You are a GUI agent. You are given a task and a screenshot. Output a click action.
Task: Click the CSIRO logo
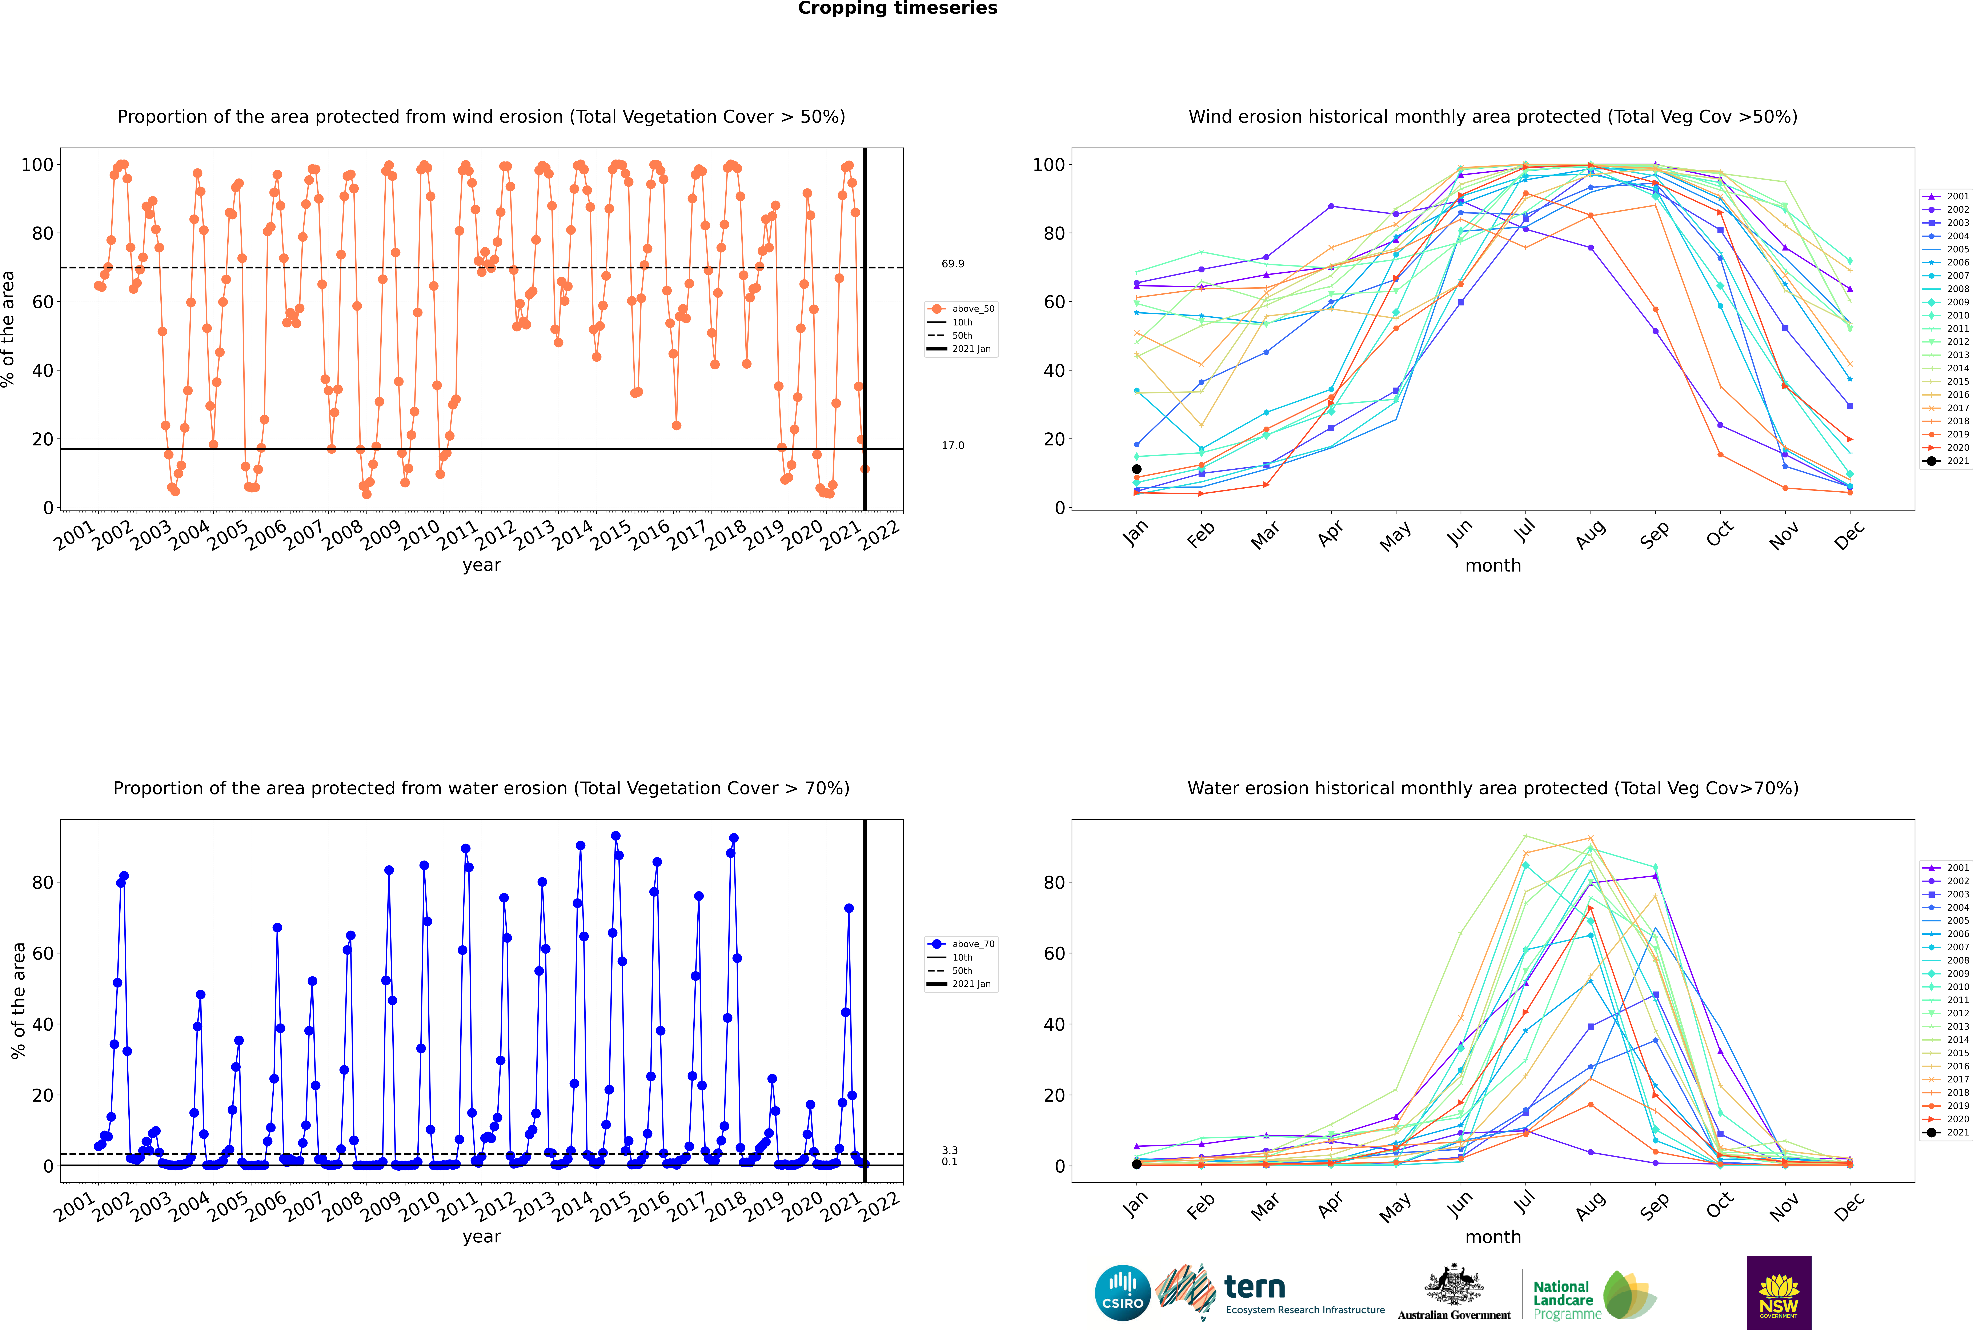[1122, 1293]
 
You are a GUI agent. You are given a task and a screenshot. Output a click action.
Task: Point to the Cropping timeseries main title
[897, 8]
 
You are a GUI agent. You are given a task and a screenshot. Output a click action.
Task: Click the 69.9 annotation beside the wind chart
[953, 264]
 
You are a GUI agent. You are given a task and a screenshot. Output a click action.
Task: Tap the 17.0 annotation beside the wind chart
[953, 445]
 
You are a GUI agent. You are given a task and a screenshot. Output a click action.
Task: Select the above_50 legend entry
[961, 309]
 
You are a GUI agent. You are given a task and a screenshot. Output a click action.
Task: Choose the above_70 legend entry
[961, 944]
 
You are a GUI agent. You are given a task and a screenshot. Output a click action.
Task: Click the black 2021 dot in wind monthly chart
[1137, 469]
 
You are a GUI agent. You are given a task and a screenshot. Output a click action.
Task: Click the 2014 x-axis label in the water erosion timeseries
[573, 1205]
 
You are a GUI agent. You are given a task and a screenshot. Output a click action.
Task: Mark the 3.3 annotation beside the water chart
[949, 1150]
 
